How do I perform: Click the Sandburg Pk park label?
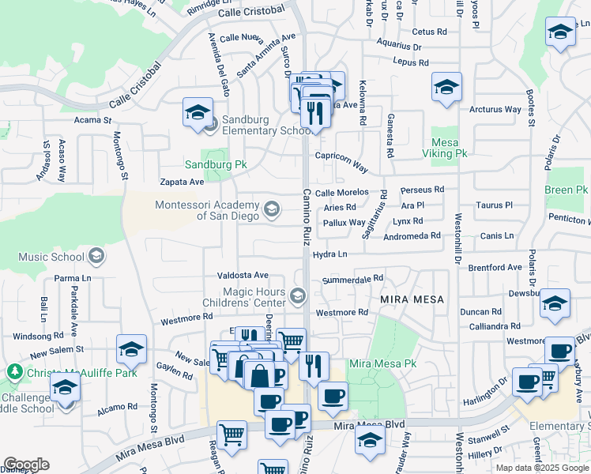[216, 165]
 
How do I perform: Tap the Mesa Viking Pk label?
[447, 147]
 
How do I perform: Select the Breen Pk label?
[566, 190]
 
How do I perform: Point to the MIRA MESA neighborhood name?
[412, 300]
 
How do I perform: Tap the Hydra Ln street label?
[329, 254]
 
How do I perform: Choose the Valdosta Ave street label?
[243, 275]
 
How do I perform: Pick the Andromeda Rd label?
[412, 236]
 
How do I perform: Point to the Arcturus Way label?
[495, 110]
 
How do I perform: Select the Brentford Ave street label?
[495, 268]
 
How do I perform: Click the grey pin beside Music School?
[96, 254]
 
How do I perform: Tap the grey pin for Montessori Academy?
[272, 209]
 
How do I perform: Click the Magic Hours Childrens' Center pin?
[298, 296]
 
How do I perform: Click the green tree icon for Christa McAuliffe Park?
[13, 371]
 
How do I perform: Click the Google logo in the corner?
[26, 465]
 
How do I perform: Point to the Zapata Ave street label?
[182, 182]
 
